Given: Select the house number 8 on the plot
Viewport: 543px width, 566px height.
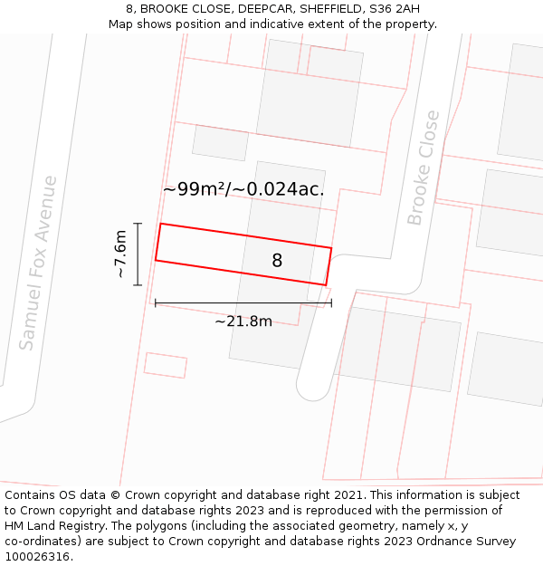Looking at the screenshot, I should tap(277, 261).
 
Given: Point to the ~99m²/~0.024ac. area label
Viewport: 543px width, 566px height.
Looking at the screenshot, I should tap(243, 189).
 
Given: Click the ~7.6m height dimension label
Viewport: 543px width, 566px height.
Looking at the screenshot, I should tap(120, 254).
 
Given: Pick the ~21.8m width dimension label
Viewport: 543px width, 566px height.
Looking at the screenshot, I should tap(243, 321).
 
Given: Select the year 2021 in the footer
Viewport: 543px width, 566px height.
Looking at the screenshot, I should tap(348, 495).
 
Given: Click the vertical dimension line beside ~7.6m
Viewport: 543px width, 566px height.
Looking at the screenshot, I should tap(138, 254).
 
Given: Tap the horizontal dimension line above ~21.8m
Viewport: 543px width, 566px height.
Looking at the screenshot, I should tap(243, 302).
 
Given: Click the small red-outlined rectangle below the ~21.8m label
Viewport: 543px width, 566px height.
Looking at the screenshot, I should tap(166, 365).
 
